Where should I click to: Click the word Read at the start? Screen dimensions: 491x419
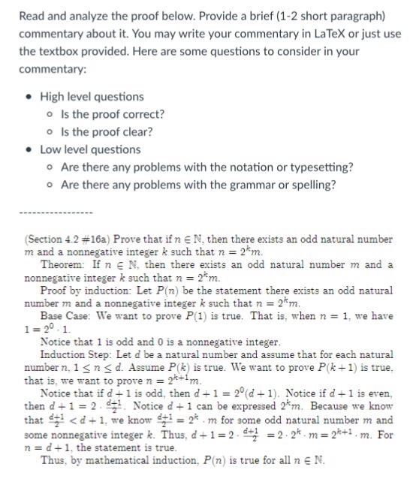click(33, 16)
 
